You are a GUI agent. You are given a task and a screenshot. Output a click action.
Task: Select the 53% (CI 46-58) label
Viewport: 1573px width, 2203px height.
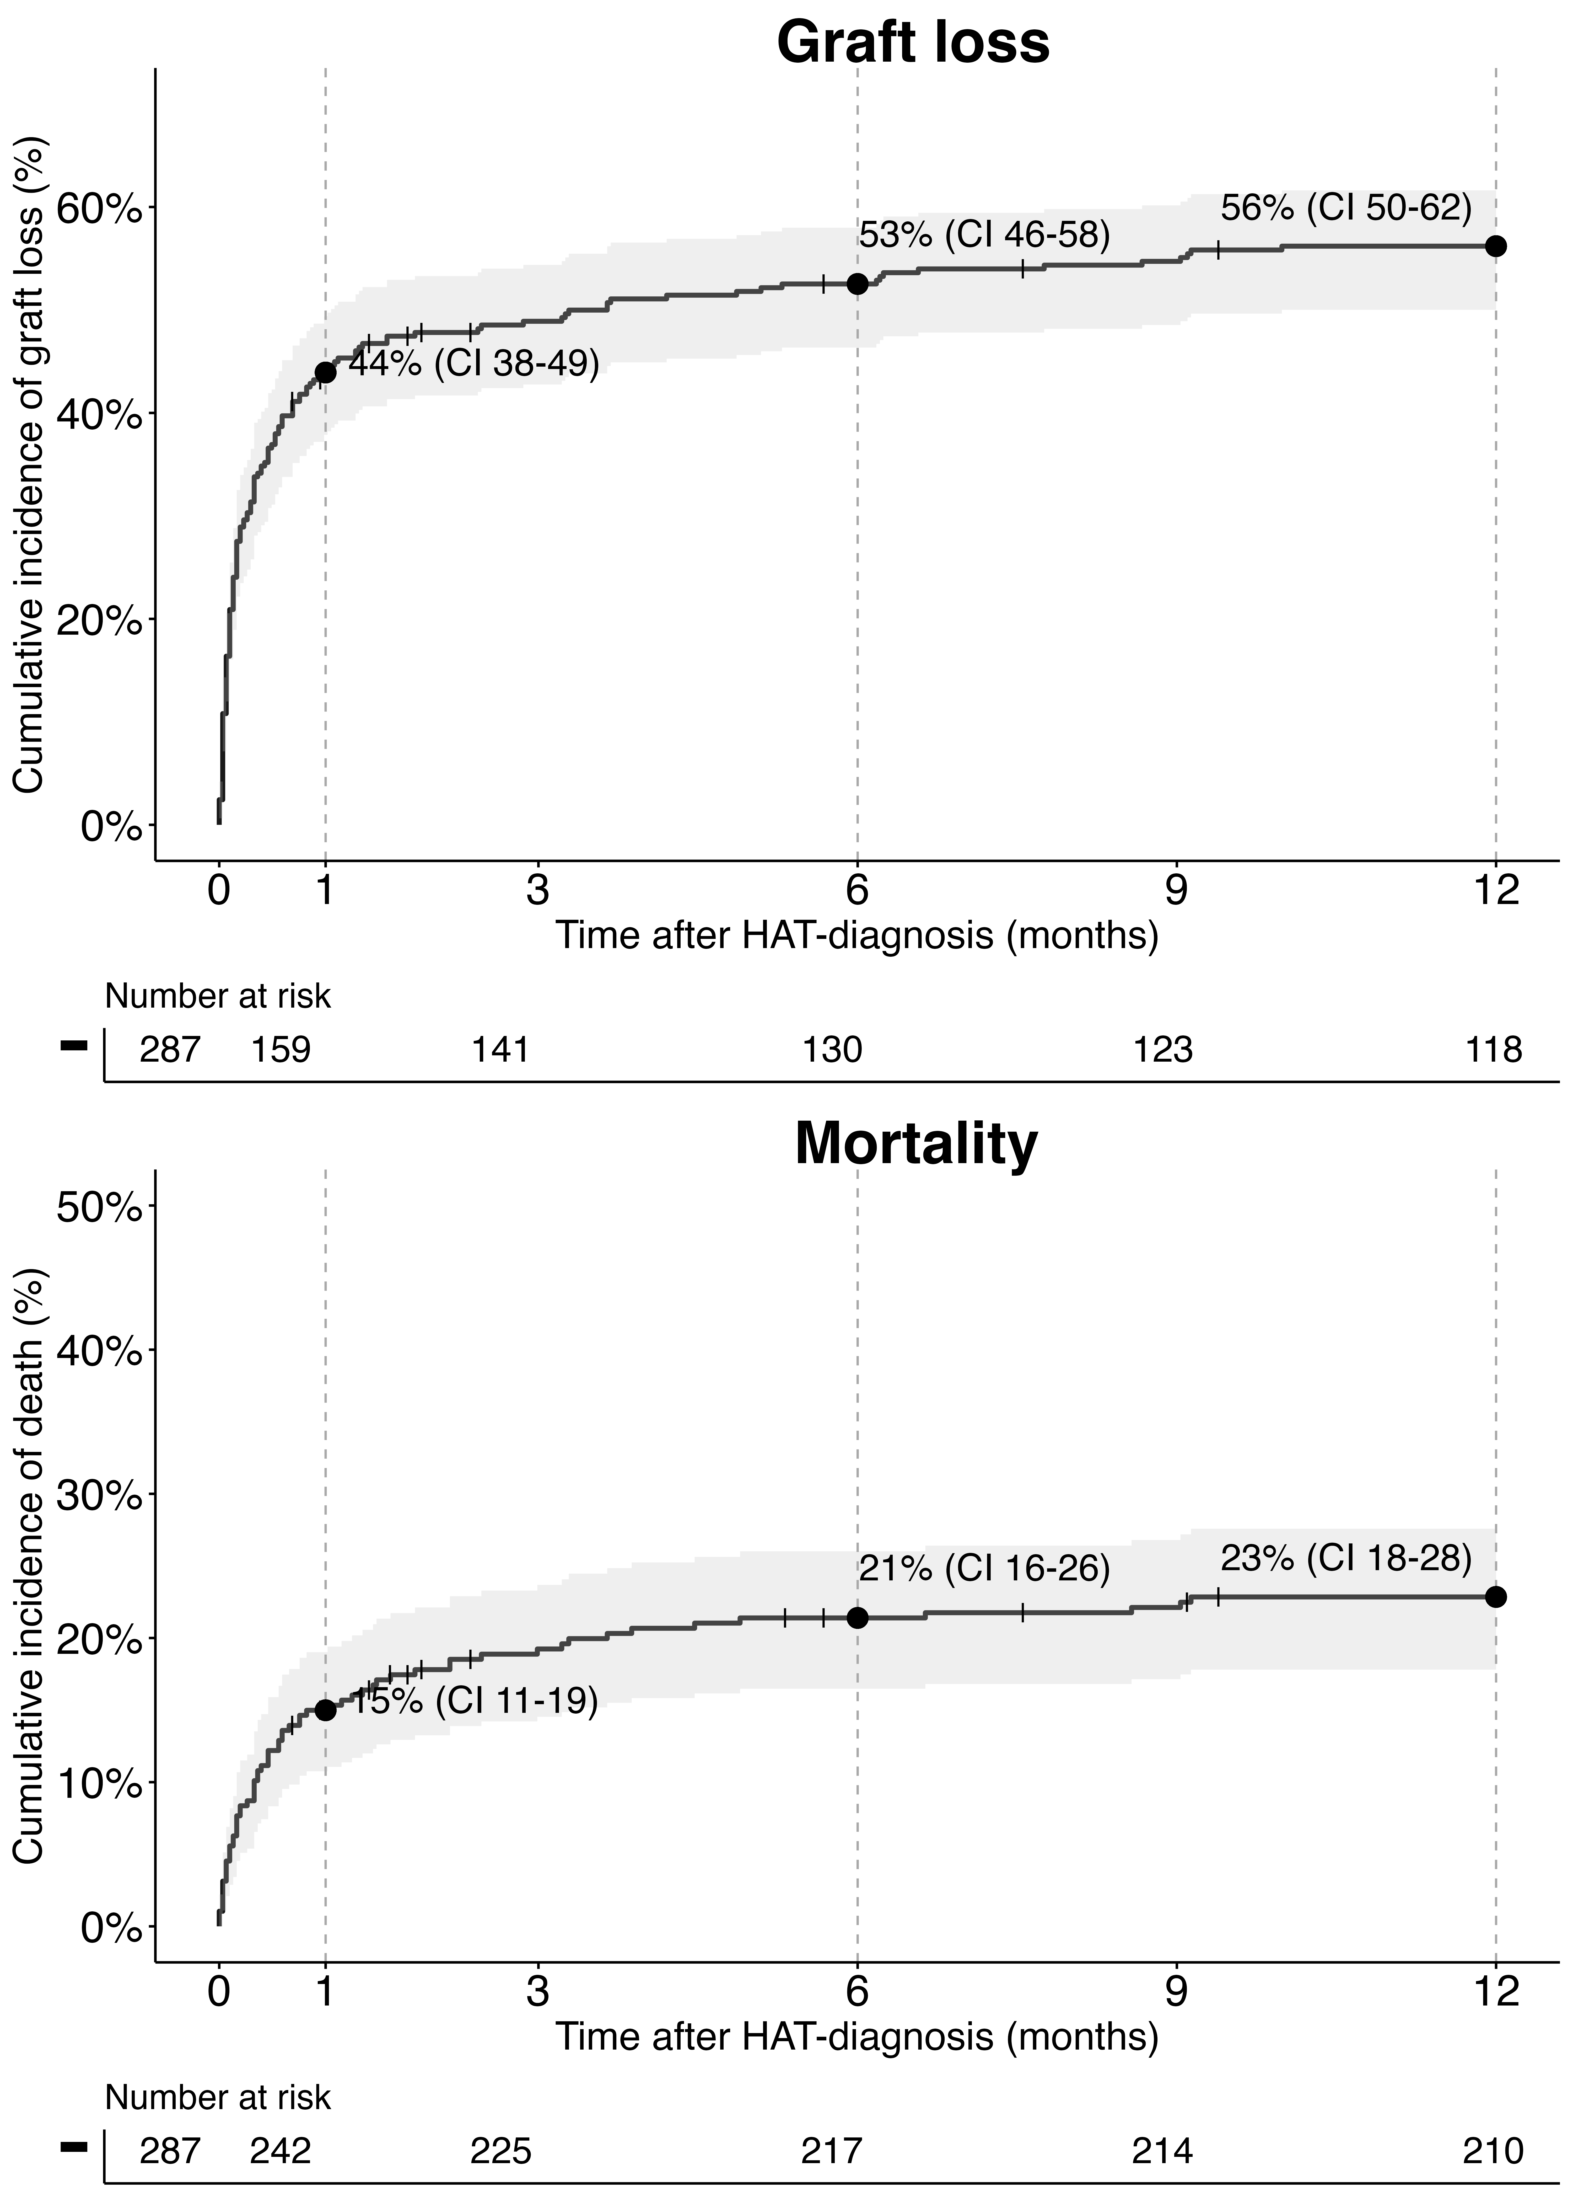(984, 234)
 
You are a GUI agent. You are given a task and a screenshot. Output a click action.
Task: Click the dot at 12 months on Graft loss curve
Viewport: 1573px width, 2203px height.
(1495, 246)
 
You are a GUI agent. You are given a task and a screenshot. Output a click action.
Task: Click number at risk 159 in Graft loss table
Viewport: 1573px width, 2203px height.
(281, 1049)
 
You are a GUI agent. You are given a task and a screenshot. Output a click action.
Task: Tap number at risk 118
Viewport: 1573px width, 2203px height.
(1494, 1049)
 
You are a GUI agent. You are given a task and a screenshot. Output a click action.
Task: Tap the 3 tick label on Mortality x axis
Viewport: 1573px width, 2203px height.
(537, 1992)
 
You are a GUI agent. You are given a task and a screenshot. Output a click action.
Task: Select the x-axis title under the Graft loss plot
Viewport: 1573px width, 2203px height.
(857, 936)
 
